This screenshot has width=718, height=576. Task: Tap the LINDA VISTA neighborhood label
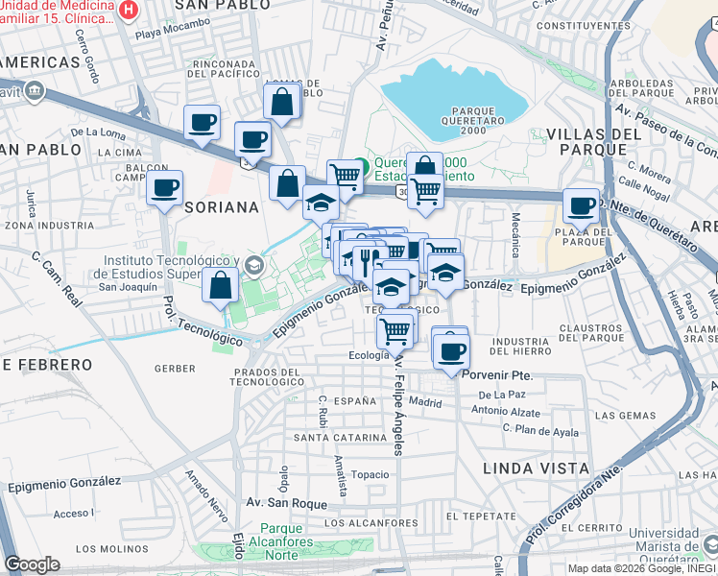pyautogui.click(x=537, y=468)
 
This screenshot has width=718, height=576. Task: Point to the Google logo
pyautogui.click(x=32, y=564)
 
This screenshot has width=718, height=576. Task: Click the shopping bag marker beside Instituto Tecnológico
pyautogui.click(x=221, y=284)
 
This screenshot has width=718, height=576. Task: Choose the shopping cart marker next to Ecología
pyautogui.click(x=395, y=331)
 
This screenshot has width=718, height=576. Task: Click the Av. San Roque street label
pyautogui.click(x=281, y=502)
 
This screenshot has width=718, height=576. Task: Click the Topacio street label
pyautogui.click(x=370, y=474)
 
